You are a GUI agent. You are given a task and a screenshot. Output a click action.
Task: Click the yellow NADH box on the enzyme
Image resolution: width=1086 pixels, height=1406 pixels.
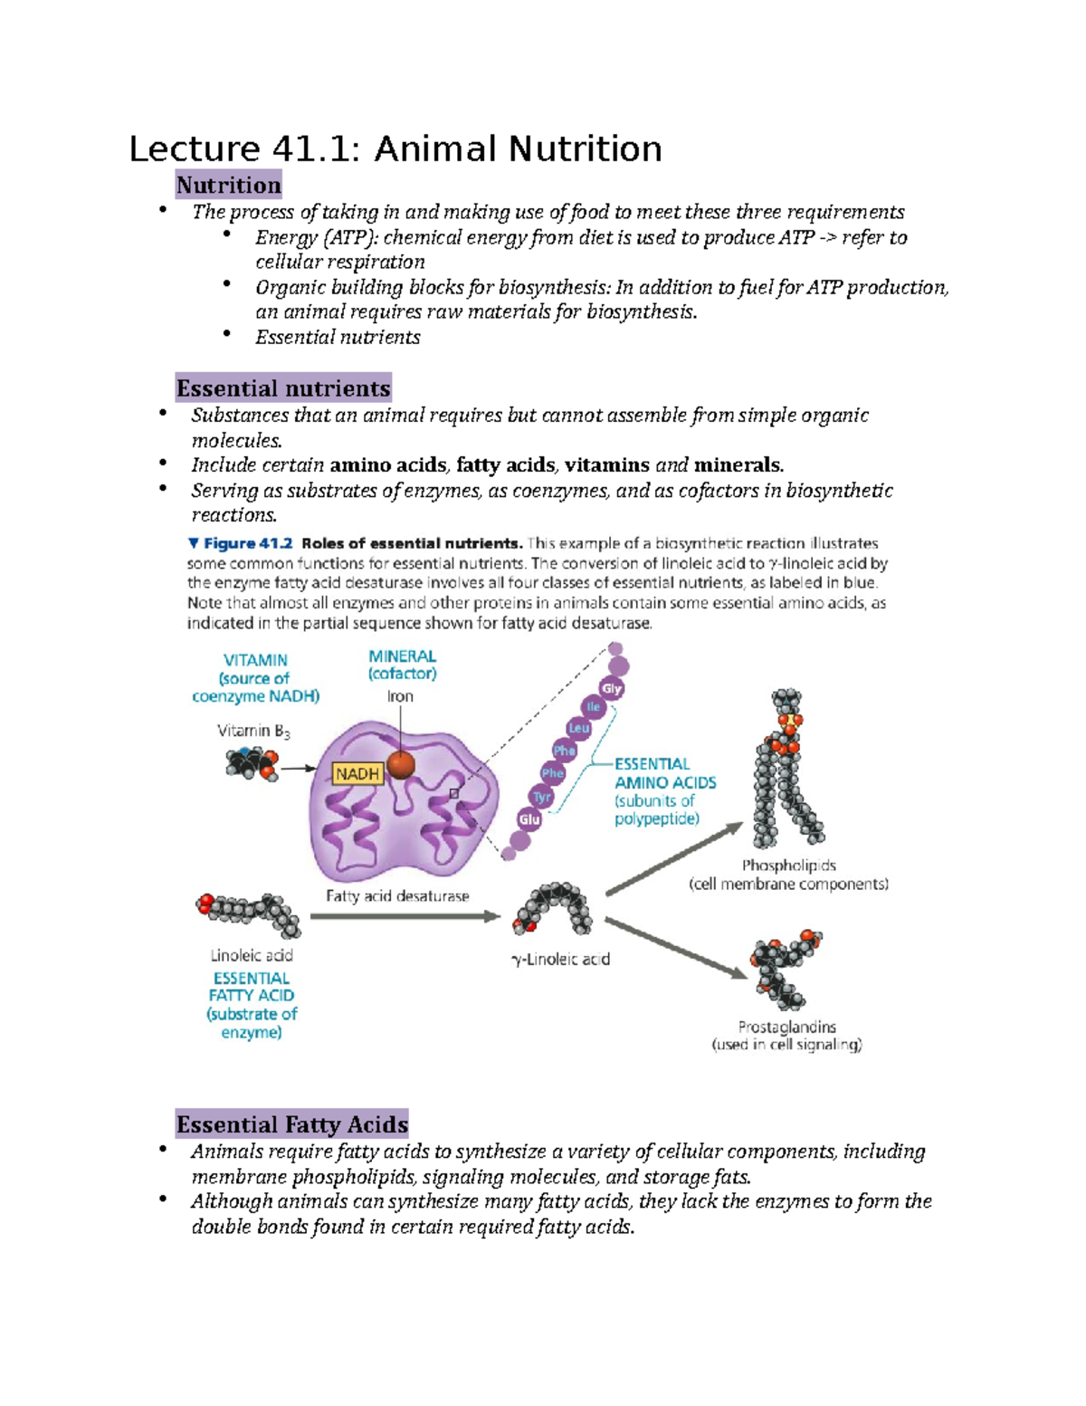(357, 774)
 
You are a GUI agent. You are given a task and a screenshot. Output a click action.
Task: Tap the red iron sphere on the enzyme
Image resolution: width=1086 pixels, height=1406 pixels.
(400, 765)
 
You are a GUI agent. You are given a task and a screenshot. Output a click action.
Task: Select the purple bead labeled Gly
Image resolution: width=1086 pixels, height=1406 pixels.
(612, 689)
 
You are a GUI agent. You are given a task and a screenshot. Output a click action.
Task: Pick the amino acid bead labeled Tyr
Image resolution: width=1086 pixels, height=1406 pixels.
(541, 798)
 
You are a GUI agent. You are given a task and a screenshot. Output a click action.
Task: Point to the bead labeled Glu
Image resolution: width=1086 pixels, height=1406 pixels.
(529, 819)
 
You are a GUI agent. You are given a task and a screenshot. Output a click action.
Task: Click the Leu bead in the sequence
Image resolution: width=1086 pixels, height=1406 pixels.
(578, 728)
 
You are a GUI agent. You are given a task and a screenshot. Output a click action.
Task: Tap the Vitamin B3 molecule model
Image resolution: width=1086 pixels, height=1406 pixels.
(251, 763)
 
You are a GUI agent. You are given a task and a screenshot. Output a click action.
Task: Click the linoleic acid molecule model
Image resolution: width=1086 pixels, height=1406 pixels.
(248, 913)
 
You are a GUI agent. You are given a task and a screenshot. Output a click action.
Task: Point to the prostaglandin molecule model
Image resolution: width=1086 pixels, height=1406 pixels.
(784, 967)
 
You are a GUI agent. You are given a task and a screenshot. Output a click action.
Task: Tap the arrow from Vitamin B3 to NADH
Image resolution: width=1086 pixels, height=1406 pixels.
(299, 769)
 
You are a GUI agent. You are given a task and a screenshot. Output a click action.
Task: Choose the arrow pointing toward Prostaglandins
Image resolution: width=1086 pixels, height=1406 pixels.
(676, 948)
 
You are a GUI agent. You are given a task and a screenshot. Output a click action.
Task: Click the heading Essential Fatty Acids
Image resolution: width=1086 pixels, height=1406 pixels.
(291, 1124)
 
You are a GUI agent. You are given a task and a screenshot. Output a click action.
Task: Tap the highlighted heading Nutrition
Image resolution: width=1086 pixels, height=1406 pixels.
(228, 186)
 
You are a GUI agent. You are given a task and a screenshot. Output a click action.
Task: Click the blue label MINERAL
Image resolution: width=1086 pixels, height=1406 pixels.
(402, 656)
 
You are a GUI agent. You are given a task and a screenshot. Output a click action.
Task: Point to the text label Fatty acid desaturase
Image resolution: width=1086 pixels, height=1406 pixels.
(397, 895)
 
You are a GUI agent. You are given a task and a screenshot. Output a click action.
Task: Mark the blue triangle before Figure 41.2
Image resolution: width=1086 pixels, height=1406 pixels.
(193, 543)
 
